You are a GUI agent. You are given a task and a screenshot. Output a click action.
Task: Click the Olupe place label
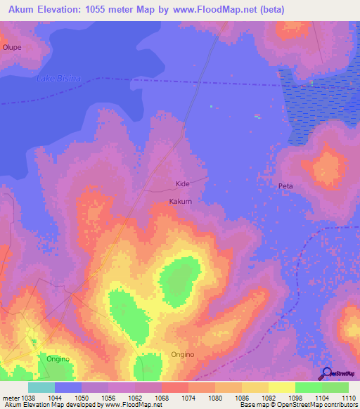[x=12, y=47]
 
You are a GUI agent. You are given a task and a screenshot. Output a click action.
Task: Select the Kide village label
[x=183, y=184]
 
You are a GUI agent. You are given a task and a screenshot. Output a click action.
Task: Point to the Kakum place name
[x=181, y=201]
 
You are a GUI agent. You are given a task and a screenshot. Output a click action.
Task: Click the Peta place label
[x=285, y=186]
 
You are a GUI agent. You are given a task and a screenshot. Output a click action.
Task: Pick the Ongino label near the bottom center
[x=183, y=355]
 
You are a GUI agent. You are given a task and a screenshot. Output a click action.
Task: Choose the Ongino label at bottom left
[x=58, y=359]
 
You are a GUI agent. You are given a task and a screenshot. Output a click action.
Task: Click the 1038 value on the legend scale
[x=27, y=398]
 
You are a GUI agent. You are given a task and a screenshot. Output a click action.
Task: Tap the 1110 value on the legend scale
[x=349, y=398]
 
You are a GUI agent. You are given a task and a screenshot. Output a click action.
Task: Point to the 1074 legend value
[x=188, y=398]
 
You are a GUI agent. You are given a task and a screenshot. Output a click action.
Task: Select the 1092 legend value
[x=269, y=398]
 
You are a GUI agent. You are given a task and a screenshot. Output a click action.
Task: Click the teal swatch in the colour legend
[x=41, y=387]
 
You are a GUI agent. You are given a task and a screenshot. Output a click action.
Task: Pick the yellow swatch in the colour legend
[x=281, y=387]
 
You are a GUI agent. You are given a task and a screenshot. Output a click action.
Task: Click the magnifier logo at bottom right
[x=327, y=373]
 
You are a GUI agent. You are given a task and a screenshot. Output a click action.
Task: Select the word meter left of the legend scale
[x=10, y=398]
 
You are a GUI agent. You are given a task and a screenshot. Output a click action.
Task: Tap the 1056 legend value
[x=108, y=398]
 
